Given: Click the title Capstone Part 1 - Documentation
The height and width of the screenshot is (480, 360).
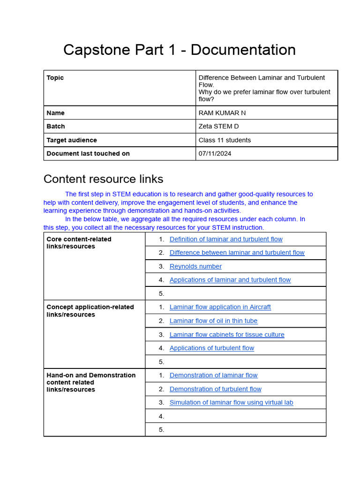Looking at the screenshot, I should (180, 50).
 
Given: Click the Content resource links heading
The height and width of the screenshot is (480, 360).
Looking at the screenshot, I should (103, 179).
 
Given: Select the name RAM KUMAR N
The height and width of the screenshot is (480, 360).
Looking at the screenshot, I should (222, 113).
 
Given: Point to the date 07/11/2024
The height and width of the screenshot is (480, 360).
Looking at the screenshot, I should (215, 154).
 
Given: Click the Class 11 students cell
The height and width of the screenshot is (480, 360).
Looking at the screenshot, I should (225, 140).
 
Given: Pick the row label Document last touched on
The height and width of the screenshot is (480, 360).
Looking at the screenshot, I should (88, 154).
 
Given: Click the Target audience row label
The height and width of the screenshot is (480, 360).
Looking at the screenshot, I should (72, 140).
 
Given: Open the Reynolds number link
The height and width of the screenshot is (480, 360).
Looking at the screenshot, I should (195, 266).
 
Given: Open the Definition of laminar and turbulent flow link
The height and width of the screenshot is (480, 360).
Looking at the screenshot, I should (226, 239).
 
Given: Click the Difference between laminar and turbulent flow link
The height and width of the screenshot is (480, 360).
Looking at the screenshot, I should (237, 253).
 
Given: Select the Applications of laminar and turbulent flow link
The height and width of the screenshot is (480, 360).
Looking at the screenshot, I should (230, 280).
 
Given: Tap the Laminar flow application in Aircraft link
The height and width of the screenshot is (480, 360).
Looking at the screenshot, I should (220, 307).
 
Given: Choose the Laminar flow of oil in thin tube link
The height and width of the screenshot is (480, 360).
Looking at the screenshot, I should (213, 321).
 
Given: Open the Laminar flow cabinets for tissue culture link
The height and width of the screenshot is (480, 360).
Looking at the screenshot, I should (227, 335).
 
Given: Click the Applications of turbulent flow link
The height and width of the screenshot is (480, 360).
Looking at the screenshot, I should (211, 348).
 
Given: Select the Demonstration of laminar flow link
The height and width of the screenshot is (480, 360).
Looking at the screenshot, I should (213, 375).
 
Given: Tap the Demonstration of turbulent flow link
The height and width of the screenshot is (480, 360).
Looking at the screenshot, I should (215, 389).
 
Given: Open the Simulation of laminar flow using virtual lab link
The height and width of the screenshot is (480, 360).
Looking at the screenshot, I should (231, 403).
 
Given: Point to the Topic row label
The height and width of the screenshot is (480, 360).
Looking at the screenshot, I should (55, 78).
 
